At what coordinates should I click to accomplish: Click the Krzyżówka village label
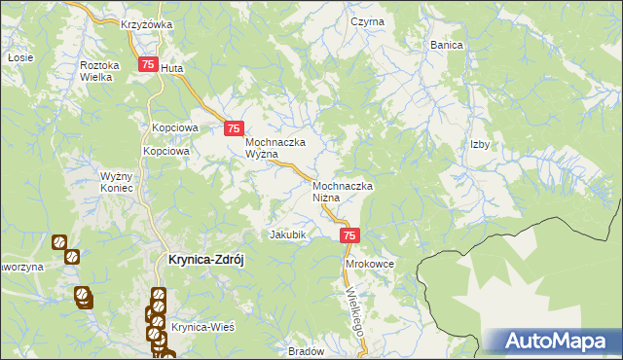coord(146,24)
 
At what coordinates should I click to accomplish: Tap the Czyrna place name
coord(368,21)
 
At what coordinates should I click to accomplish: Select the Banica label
coord(447,45)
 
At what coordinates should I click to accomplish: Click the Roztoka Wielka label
coord(99,71)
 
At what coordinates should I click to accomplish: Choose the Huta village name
coord(171,69)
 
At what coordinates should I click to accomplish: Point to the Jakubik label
coord(288,234)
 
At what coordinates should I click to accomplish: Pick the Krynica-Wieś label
coord(203,327)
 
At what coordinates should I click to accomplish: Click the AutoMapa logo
coord(552,342)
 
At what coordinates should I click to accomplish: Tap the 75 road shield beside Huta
coord(148,64)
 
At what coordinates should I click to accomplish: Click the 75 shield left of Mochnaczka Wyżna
coord(234,127)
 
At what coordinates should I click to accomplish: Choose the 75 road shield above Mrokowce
coord(350,235)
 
